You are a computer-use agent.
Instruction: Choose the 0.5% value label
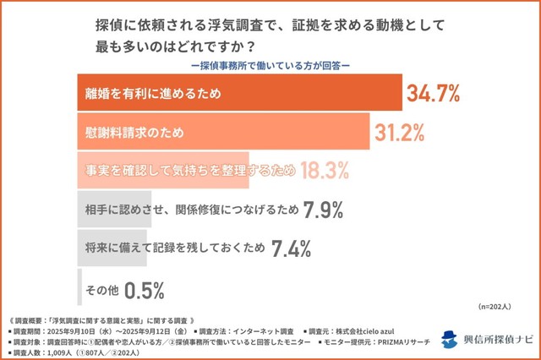click(144, 288)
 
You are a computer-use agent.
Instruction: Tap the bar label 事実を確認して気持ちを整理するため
click(185, 171)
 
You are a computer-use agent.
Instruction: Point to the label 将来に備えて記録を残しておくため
click(175, 248)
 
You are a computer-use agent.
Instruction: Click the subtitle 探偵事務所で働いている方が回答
click(270, 64)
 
